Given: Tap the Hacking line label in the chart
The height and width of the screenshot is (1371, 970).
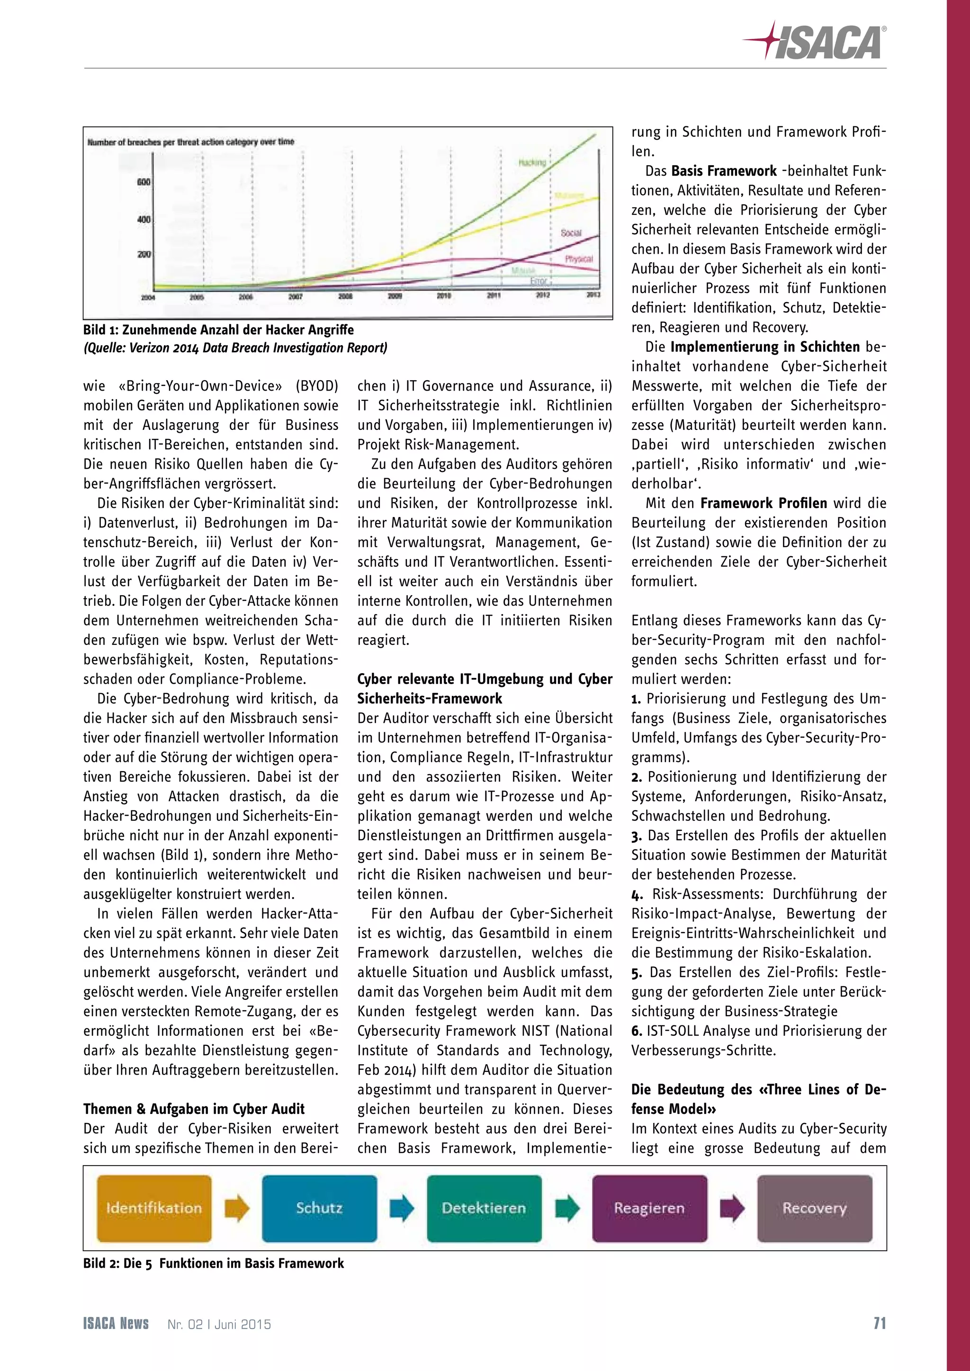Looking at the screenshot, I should click(x=531, y=162).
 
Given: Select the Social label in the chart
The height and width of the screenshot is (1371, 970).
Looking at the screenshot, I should click(x=570, y=233).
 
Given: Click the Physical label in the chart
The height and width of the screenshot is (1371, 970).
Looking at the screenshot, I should click(x=579, y=259).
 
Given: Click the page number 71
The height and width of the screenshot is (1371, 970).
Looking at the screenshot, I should click(x=879, y=1323).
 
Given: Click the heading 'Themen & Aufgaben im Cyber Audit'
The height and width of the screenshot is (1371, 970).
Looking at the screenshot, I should click(x=194, y=1109).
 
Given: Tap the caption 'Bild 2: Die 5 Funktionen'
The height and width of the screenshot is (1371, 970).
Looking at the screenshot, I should click(x=213, y=1264).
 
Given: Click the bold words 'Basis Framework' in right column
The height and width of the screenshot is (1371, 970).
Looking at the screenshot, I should click(x=723, y=171).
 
